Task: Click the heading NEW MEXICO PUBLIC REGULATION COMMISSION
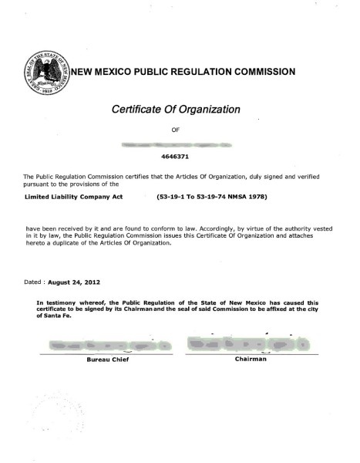(x=183, y=72)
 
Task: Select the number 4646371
(x=180, y=155)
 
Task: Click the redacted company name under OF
(x=180, y=144)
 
